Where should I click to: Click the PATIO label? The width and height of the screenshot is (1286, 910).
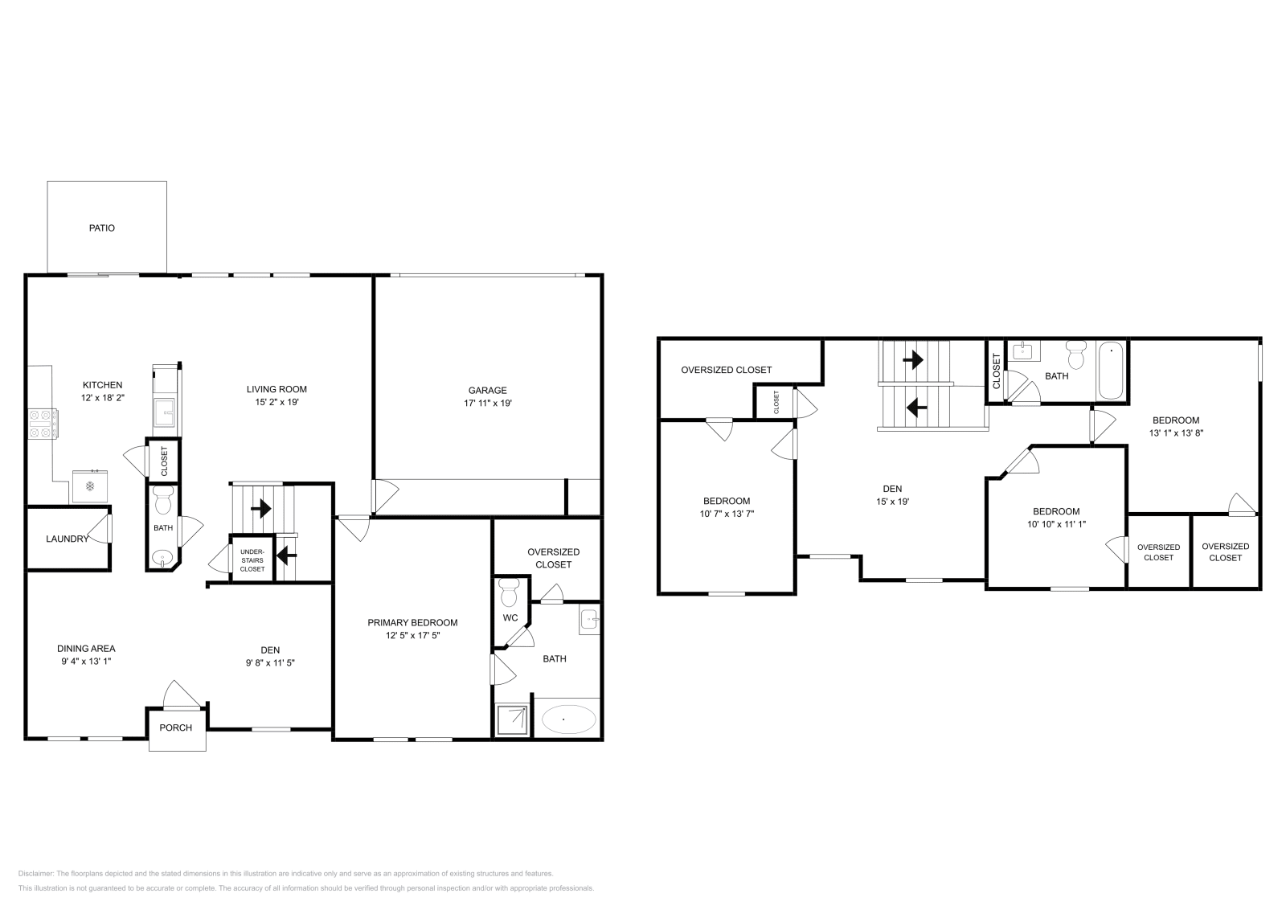tap(101, 227)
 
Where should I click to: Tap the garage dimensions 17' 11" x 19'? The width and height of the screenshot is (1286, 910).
tap(488, 404)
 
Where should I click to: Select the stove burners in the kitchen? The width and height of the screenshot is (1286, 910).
tap(42, 424)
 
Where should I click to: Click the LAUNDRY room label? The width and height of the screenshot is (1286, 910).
tap(67, 539)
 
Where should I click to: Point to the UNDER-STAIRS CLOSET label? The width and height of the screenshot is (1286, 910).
tap(252, 560)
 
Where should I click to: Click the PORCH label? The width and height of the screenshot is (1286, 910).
tap(176, 728)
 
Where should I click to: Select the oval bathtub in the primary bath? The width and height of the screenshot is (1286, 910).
tap(568, 718)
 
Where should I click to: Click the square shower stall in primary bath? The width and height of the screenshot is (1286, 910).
tap(513, 718)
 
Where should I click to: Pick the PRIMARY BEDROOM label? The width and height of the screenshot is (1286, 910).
tap(412, 622)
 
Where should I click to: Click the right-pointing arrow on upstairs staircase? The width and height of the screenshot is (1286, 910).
tap(913, 359)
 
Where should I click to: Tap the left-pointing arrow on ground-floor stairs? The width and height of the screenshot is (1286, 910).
tap(286, 555)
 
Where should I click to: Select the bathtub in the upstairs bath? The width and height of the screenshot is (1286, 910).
tap(1111, 371)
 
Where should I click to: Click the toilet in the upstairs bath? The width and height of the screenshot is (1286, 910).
tap(1075, 355)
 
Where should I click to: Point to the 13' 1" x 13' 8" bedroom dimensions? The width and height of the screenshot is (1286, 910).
tap(1175, 432)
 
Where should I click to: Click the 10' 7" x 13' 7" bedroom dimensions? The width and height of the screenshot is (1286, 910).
tap(726, 513)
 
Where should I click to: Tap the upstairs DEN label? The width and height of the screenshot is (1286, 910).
tap(892, 488)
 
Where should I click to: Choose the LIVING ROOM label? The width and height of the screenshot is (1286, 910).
tap(276, 389)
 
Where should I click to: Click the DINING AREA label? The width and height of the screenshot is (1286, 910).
tap(86, 648)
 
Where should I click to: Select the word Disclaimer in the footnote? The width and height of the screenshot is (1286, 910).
tap(35, 873)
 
